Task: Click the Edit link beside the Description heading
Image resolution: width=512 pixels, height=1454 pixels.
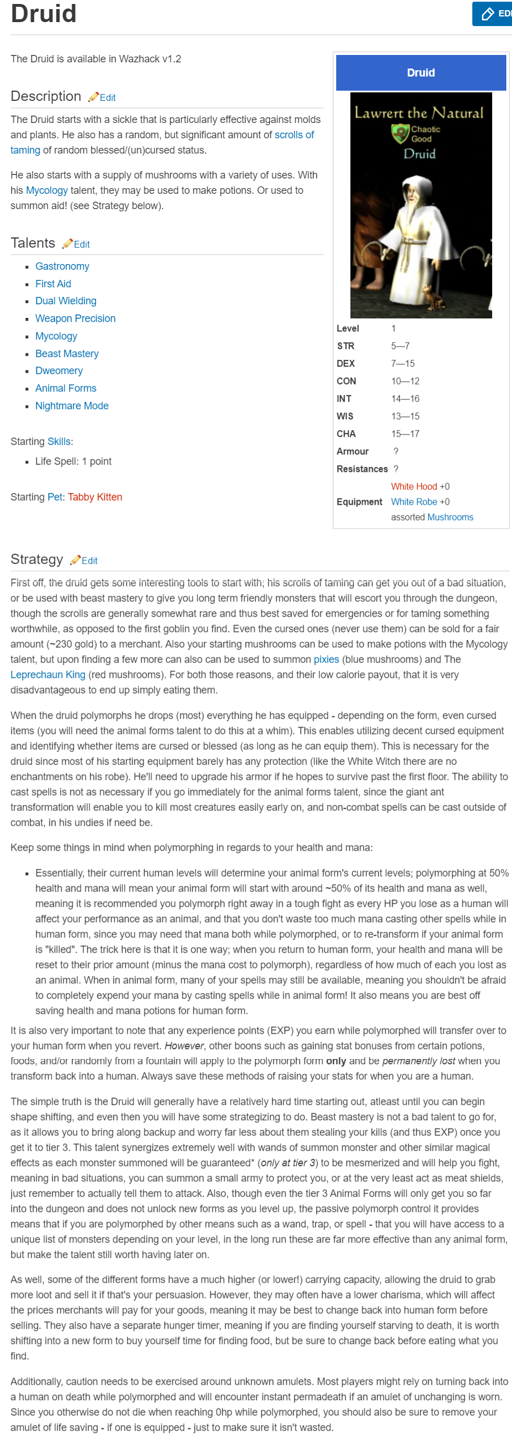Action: [x=107, y=97]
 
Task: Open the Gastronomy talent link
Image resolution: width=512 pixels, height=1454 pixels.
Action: [x=62, y=266]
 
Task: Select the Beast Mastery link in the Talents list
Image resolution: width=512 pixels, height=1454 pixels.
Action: [x=66, y=354]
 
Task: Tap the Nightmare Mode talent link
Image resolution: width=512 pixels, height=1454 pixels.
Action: [x=71, y=406]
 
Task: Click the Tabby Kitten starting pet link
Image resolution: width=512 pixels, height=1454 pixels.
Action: [x=95, y=497]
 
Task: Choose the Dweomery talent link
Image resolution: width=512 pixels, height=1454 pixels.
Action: [x=58, y=371]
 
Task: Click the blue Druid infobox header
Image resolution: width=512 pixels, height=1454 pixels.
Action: [x=421, y=73]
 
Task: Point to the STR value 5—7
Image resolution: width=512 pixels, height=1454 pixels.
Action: [x=400, y=346]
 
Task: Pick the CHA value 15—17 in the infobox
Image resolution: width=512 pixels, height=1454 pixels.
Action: [x=405, y=434]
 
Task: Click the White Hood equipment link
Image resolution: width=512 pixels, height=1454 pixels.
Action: [x=413, y=487]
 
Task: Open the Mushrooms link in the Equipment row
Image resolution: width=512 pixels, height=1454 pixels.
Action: [x=450, y=517]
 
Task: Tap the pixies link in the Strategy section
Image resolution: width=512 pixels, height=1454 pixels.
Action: [x=326, y=660]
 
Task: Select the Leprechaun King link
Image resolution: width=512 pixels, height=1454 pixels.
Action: [x=48, y=675]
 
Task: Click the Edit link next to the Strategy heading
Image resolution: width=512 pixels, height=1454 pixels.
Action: [x=89, y=560]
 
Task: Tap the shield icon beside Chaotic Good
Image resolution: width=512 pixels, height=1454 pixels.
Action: [x=400, y=134]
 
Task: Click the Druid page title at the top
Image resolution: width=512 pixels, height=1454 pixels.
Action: [x=44, y=14]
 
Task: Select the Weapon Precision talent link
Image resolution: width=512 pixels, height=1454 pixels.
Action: [x=75, y=318]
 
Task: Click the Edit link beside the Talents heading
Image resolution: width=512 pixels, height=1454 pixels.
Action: [x=81, y=244]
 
